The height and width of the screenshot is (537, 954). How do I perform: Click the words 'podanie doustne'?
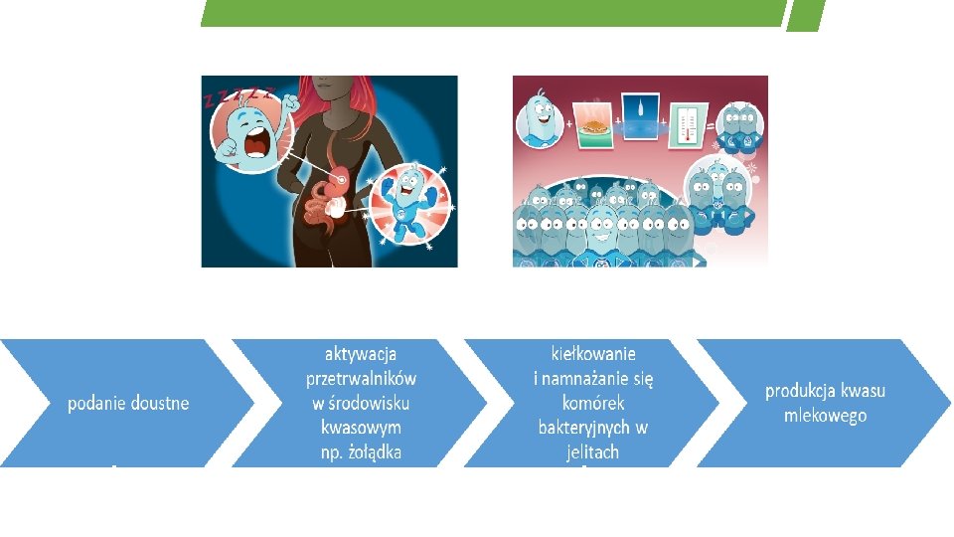[x=128, y=403]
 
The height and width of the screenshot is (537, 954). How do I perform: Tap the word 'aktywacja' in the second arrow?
[x=361, y=353]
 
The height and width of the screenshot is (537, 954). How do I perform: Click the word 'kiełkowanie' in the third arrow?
[x=593, y=353]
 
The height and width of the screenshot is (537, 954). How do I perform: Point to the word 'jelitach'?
[x=593, y=452]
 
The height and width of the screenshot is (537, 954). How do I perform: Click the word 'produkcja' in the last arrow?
[x=800, y=391]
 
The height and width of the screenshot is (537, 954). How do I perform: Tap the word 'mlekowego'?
[x=825, y=416]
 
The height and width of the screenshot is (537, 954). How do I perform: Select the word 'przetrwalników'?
[x=361, y=378]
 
